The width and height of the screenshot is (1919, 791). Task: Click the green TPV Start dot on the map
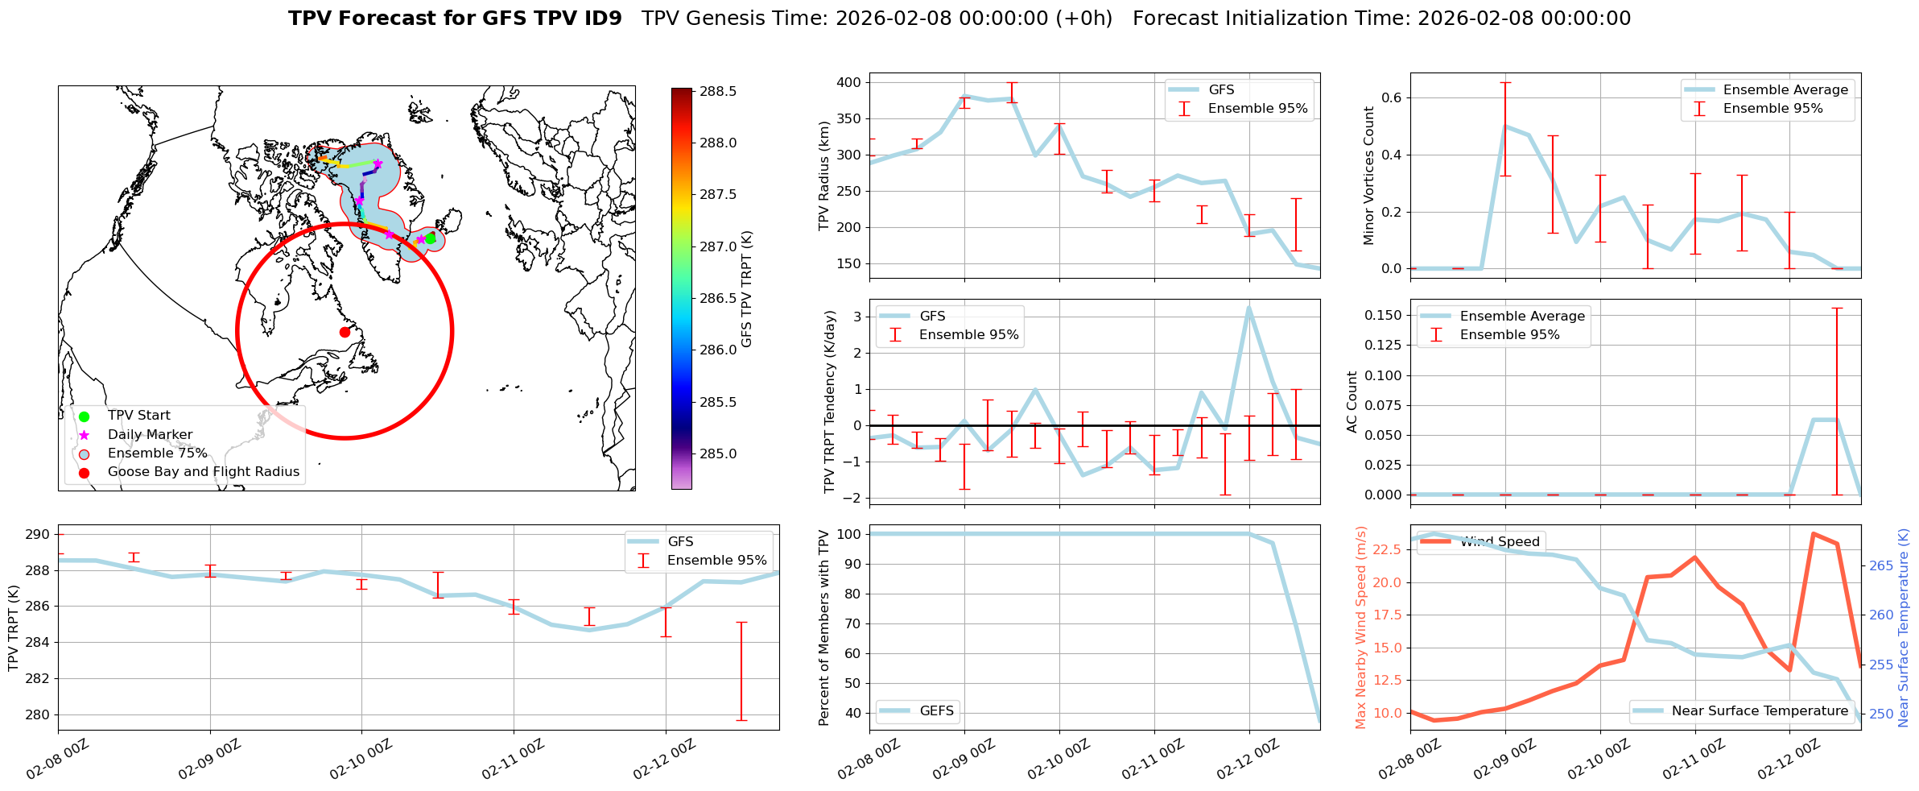(x=430, y=238)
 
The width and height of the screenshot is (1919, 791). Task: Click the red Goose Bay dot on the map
(x=345, y=332)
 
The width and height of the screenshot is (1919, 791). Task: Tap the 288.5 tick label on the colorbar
(x=718, y=92)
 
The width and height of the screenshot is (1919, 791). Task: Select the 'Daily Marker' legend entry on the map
(x=150, y=435)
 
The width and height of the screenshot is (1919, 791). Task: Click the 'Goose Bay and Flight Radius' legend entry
(x=203, y=472)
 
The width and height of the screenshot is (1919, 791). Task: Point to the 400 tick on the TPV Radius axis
(x=848, y=83)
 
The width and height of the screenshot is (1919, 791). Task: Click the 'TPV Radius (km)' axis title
(x=823, y=176)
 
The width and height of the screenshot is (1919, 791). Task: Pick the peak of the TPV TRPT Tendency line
(x=1248, y=307)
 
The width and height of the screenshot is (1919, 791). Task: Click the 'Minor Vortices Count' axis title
(x=1368, y=176)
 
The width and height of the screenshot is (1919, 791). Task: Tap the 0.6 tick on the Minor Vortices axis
(x=1392, y=98)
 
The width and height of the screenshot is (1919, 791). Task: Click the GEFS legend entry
(x=936, y=711)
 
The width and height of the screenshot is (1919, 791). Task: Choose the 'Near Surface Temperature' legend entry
(x=1760, y=711)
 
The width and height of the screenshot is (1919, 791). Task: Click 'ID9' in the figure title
(x=603, y=19)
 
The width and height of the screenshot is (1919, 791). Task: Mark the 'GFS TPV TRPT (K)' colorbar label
(x=747, y=289)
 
